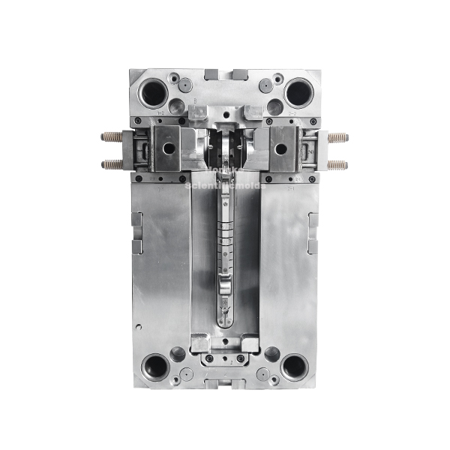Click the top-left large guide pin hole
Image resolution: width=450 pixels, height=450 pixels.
(x=154, y=93)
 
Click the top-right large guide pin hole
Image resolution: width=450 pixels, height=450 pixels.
(x=298, y=93)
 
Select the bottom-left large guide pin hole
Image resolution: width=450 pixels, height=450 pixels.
(x=157, y=367)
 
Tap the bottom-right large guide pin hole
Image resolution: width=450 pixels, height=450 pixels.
(x=293, y=367)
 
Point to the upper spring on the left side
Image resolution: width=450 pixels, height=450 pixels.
(x=112, y=137)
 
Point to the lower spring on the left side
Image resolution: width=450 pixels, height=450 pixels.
(x=112, y=163)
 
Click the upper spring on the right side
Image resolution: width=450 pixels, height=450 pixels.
(x=337, y=137)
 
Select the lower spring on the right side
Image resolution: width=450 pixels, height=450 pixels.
(x=337, y=163)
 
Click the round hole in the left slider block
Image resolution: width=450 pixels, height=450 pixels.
(x=169, y=148)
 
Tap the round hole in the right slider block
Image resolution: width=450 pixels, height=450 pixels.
(x=280, y=148)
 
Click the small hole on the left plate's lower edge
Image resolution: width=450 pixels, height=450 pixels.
(x=139, y=326)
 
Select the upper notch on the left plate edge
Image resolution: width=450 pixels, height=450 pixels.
(x=136, y=220)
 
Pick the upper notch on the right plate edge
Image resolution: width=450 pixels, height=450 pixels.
(x=313, y=220)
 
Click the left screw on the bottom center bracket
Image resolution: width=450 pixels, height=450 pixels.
(x=210, y=358)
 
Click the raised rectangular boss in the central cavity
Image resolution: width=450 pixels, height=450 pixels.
(x=226, y=285)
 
